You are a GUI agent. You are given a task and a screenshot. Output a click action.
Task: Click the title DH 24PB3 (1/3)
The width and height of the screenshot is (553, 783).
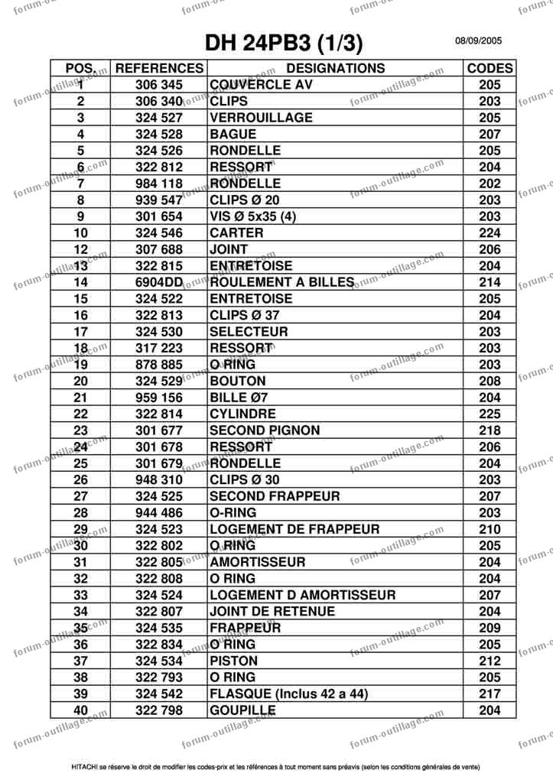pyautogui.click(x=284, y=41)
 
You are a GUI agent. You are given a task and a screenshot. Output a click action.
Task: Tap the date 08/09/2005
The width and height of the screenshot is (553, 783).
pyautogui.click(x=479, y=41)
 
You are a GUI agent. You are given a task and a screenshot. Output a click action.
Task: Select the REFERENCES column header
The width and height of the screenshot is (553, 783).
pyautogui.click(x=159, y=68)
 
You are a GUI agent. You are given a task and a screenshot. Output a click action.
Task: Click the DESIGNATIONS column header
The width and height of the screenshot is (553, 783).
pyautogui.click(x=336, y=68)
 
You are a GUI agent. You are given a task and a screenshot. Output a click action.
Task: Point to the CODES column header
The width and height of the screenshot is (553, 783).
pyautogui.click(x=490, y=68)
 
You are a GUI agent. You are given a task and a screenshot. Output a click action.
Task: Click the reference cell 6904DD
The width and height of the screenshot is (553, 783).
pyautogui.click(x=159, y=282)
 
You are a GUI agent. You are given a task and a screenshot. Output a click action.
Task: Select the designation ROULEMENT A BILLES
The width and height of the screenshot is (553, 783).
pyautogui.click(x=281, y=282)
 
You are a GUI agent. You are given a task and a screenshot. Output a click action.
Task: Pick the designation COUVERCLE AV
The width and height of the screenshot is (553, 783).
pyautogui.click(x=261, y=85)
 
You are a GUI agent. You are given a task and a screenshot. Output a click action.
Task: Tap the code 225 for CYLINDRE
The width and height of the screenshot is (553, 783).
pyautogui.click(x=490, y=414)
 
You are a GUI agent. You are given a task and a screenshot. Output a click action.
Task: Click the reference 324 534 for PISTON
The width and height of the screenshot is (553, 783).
pyautogui.click(x=159, y=661)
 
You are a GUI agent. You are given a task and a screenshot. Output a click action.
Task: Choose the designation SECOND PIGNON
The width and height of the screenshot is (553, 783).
pyautogui.click(x=265, y=430)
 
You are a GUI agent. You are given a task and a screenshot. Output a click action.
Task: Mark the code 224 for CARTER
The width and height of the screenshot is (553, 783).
pyautogui.click(x=490, y=233)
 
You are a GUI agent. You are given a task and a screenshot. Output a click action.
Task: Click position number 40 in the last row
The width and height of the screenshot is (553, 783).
pyautogui.click(x=81, y=710)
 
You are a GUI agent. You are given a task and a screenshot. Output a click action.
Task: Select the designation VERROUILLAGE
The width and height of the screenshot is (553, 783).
pyautogui.click(x=261, y=118)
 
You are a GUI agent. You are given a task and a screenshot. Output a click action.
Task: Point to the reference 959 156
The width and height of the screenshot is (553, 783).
pyautogui.click(x=159, y=398)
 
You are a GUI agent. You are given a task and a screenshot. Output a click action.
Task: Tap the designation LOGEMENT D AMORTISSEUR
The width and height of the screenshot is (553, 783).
pyautogui.click(x=302, y=595)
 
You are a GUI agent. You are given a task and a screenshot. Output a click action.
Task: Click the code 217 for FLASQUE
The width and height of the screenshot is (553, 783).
pyautogui.click(x=490, y=694)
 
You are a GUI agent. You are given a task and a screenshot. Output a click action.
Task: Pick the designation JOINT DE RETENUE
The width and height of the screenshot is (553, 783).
pyautogui.click(x=272, y=611)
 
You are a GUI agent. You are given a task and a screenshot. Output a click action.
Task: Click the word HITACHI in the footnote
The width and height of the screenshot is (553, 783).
pyautogui.click(x=84, y=765)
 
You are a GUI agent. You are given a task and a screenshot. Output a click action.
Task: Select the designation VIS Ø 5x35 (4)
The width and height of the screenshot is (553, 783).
pyautogui.click(x=252, y=216)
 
